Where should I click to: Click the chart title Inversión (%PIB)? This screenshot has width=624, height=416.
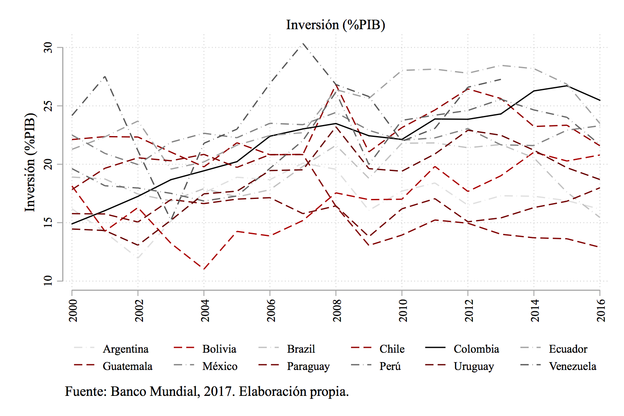tap(335, 25)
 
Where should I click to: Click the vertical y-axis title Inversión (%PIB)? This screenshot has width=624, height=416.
tap(30, 162)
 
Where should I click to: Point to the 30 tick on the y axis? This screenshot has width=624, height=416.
tap(49, 48)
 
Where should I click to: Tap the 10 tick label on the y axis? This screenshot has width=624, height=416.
tap(49, 281)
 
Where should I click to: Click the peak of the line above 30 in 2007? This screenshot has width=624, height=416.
tap(303, 43)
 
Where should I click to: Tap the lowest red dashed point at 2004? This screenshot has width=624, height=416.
tap(204, 269)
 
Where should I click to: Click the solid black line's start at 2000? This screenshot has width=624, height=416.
tap(72, 224)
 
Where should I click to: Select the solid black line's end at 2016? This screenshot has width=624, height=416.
tap(600, 100)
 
